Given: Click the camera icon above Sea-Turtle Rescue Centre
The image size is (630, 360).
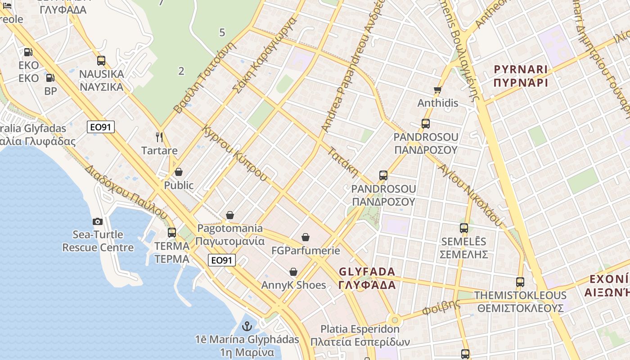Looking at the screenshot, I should [97, 221].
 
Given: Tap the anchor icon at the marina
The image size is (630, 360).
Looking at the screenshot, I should [247, 326].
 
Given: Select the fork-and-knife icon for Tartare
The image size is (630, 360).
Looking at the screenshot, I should [159, 137].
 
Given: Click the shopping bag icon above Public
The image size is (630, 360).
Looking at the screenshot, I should [179, 172].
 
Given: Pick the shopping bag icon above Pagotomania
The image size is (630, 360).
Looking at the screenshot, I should [230, 215].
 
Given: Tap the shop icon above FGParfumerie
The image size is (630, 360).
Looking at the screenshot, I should [306, 237].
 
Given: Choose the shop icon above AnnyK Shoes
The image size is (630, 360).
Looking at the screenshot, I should [293, 272].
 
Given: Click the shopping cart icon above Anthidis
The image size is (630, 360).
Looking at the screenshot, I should [437, 90].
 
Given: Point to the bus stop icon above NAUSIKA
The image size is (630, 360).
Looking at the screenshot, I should [101, 61].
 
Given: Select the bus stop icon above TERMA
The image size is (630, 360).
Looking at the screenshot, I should [172, 233].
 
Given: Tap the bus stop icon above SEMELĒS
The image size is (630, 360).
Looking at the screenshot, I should [464, 228].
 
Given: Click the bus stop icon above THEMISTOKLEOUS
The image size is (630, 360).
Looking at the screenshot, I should [520, 282].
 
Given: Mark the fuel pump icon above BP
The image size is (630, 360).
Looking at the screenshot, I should [50, 78].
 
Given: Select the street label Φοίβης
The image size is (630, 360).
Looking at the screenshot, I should [441, 308].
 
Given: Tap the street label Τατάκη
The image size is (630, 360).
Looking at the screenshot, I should [343, 162].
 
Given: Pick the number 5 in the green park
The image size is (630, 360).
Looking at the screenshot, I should [222, 32].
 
